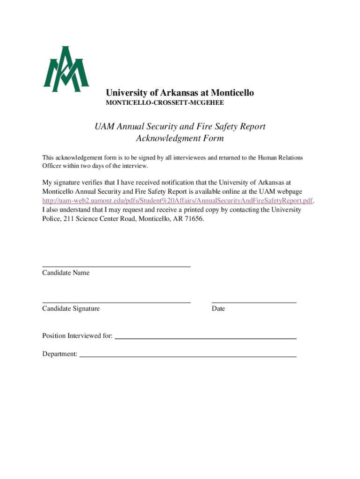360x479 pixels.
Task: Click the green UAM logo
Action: (66, 69)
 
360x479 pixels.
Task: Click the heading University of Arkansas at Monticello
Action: (180, 93)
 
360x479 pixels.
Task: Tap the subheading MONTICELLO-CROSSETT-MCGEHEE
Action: (167, 102)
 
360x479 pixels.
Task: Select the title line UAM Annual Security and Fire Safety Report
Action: (180, 126)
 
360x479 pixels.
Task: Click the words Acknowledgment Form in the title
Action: (180, 138)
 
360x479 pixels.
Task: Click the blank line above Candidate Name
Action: (116, 266)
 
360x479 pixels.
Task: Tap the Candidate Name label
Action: (65, 273)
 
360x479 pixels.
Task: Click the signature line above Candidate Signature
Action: (116, 302)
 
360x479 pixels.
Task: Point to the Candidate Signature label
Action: (71, 309)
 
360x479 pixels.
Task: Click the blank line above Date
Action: (254, 302)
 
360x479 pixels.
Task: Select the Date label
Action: (218, 309)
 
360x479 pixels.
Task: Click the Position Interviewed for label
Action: (77, 336)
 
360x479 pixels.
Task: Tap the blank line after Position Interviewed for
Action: (206, 337)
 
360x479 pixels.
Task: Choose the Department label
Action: (60, 354)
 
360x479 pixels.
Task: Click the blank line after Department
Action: (188, 356)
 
